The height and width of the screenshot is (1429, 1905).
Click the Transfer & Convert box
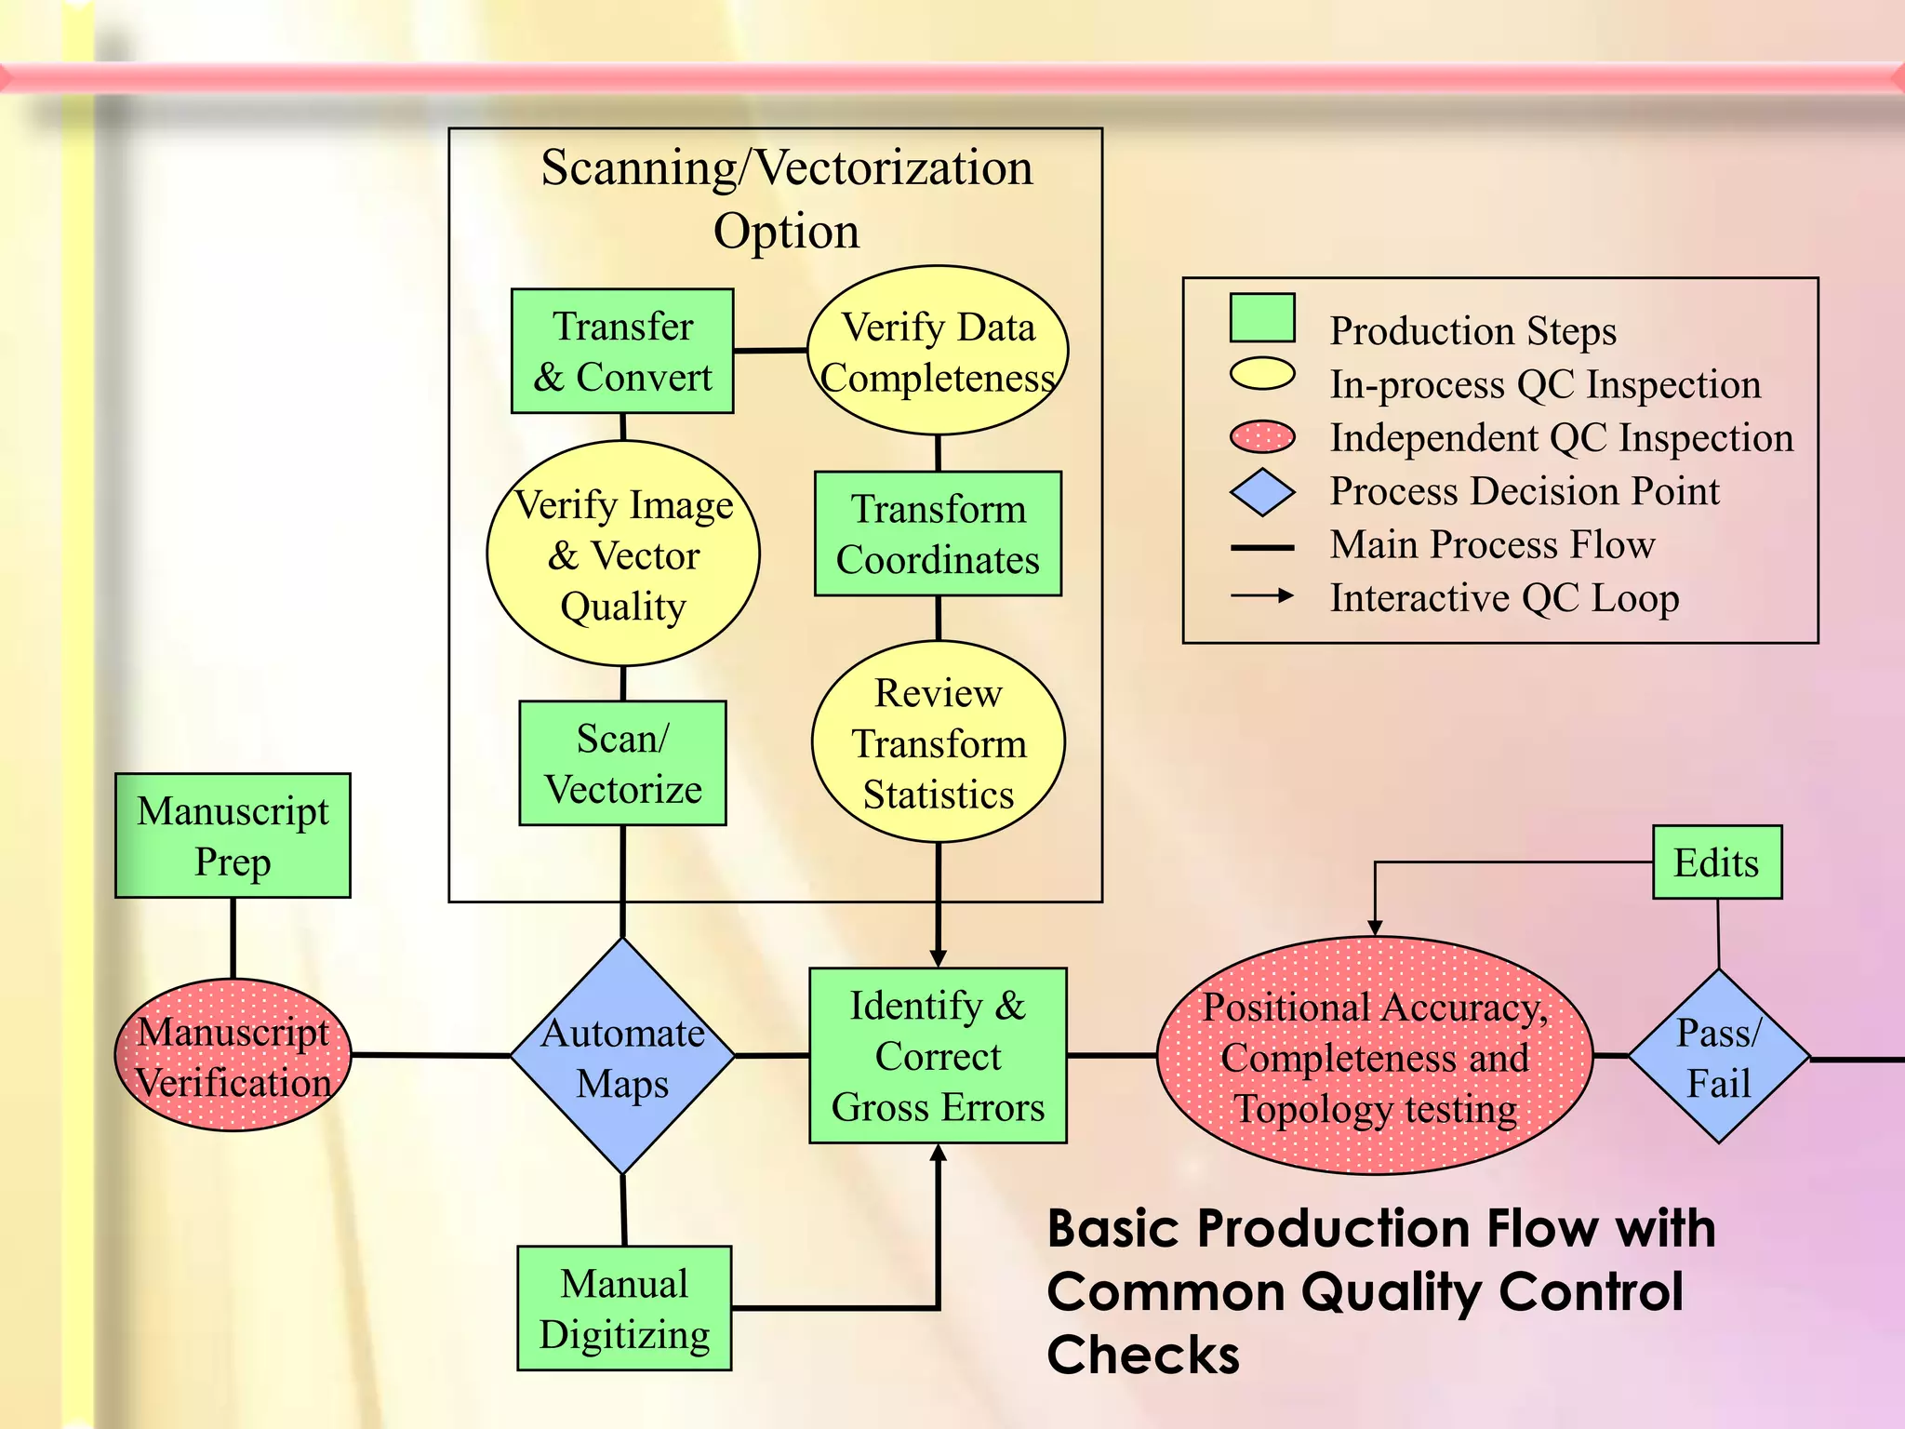click(x=622, y=351)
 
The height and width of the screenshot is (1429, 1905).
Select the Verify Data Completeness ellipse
click(x=938, y=351)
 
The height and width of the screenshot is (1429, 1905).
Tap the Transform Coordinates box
click(x=938, y=533)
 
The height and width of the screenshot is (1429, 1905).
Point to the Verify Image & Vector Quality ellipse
click(x=623, y=554)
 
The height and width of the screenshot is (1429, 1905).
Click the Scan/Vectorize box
click(x=622, y=763)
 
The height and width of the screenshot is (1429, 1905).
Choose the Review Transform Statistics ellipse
click(x=938, y=741)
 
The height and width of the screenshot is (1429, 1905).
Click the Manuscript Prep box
click(x=233, y=835)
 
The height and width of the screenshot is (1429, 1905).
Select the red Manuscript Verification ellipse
click(x=233, y=1055)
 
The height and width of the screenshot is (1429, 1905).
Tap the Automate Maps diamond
click(x=622, y=1056)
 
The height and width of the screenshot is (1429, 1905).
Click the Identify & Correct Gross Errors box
click(x=938, y=1055)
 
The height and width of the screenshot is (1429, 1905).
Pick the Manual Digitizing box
click(x=624, y=1308)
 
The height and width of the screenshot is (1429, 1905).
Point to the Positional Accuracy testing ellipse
click(x=1375, y=1055)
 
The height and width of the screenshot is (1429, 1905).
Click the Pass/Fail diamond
click(x=1718, y=1056)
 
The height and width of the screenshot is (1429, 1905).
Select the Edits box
click(x=1717, y=862)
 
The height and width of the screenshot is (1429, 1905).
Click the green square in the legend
click(x=1262, y=318)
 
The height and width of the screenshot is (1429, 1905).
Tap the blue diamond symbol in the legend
click(x=1262, y=492)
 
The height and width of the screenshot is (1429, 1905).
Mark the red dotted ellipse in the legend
click(x=1262, y=436)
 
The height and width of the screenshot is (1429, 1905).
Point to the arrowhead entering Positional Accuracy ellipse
click(x=1375, y=928)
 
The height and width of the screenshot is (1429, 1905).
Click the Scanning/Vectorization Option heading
click(x=787, y=198)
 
